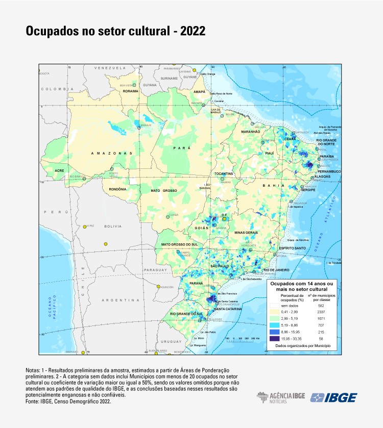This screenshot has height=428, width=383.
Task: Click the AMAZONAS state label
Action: coord(111,153)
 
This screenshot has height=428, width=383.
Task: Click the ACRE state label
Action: coord(60,170)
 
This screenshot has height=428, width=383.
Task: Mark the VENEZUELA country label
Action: coord(109,68)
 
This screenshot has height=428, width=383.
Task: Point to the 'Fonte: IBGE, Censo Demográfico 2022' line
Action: coord(68,401)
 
